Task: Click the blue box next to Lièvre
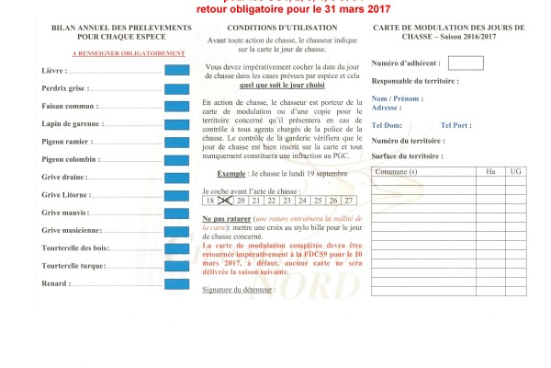coord(176,71)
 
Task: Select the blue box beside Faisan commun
coord(176,106)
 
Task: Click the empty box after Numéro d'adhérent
coord(466,63)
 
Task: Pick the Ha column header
coord(489,172)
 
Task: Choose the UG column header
coord(515,172)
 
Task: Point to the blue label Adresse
coord(386,108)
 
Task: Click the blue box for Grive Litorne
coord(176,194)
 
